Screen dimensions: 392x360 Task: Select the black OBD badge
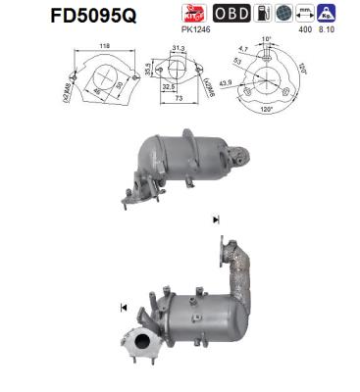(231, 13)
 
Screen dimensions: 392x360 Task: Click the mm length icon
(307, 13)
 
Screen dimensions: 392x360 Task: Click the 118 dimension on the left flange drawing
(103, 45)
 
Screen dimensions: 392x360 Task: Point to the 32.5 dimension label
(171, 87)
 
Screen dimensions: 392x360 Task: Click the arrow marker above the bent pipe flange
(215, 218)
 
